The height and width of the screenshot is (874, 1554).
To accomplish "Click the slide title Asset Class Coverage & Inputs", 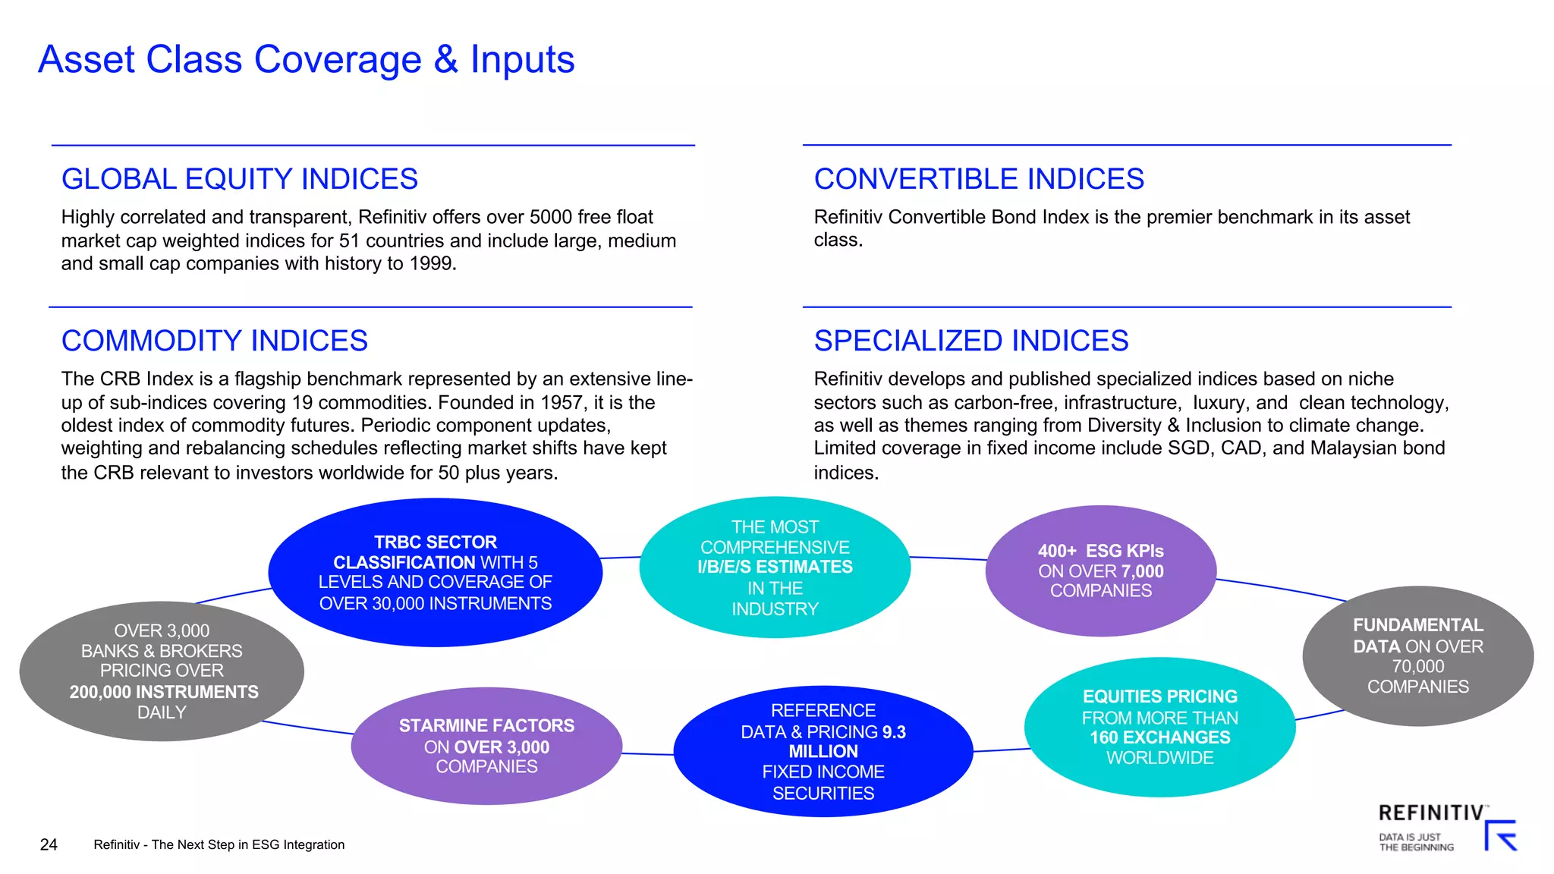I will click(306, 59).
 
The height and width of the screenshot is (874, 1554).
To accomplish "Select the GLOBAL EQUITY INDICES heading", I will click(239, 179).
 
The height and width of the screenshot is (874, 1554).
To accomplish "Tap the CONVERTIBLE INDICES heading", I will click(978, 179).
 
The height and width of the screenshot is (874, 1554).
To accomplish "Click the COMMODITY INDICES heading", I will click(214, 341).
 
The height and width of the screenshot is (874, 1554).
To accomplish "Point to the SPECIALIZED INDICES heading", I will click(970, 341).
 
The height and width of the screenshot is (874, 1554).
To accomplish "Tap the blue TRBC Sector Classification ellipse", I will click(435, 572).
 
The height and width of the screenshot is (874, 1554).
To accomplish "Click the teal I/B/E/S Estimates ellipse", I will click(775, 567).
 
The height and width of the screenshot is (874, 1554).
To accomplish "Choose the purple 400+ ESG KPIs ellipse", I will click(1100, 571).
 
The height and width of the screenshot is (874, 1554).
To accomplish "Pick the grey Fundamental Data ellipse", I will click(1417, 655).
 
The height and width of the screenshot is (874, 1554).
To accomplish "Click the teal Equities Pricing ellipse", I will click(1159, 726).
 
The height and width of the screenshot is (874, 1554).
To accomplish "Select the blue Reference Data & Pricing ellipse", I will click(823, 751).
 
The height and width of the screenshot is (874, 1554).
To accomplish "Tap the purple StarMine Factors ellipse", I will click(486, 746).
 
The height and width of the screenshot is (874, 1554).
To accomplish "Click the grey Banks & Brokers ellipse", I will click(162, 671).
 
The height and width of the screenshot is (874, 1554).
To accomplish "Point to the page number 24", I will click(49, 844).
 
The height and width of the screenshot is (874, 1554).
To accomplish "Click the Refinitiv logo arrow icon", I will click(1501, 835).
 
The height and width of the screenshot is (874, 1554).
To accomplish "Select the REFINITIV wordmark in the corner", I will click(1430, 813).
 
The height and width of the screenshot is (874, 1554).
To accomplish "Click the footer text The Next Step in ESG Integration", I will click(248, 844).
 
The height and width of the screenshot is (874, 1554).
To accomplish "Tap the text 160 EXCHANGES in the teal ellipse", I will click(1159, 737).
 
